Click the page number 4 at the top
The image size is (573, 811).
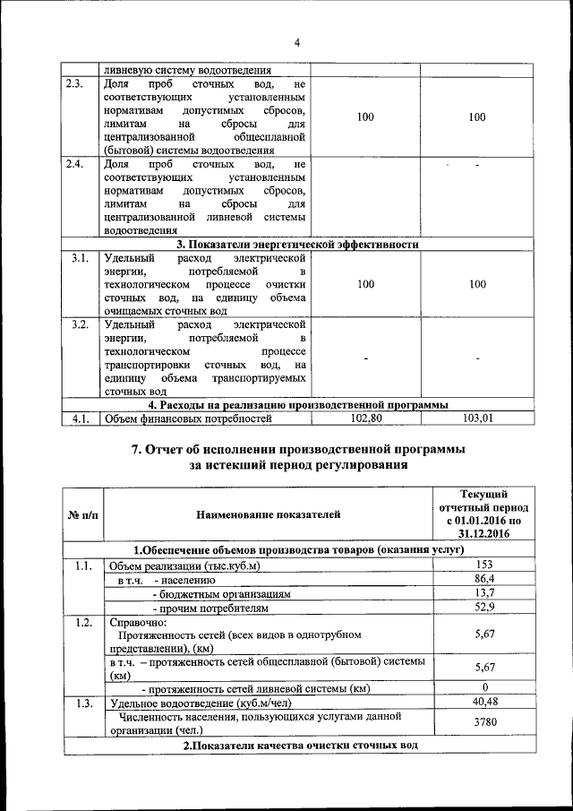(x=296, y=43)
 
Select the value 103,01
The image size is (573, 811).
(x=477, y=418)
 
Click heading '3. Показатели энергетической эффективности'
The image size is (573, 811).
(x=297, y=245)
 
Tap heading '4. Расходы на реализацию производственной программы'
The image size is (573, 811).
(x=297, y=404)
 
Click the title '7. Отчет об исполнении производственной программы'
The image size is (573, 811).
(x=298, y=449)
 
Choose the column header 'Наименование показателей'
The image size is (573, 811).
(x=269, y=514)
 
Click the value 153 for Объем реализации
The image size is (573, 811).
(x=483, y=565)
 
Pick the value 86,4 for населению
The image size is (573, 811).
(x=483, y=580)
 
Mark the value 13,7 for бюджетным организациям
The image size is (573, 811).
(x=483, y=594)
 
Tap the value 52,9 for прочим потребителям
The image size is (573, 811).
(x=483, y=608)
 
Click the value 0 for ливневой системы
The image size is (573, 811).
(x=483, y=688)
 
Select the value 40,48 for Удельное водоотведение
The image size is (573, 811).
(x=483, y=703)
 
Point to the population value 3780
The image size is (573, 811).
(x=483, y=723)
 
